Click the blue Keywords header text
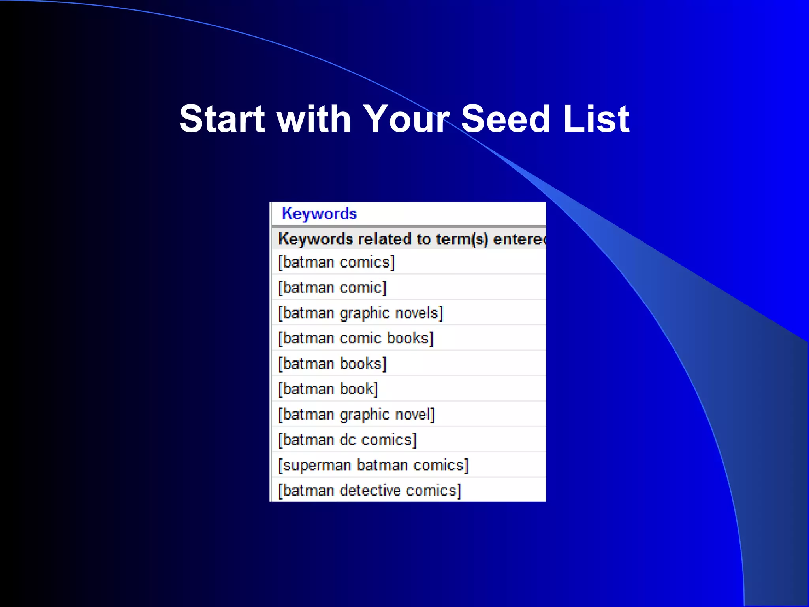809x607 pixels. click(x=319, y=214)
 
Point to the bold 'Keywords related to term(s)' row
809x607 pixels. click(x=411, y=239)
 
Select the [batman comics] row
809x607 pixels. click(x=336, y=262)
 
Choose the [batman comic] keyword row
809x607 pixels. click(x=332, y=288)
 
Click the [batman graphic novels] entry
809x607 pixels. click(x=360, y=313)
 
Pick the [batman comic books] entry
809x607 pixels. click(x=356, y=338)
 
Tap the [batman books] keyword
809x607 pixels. click(x=332, y=364)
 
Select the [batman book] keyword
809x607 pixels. click(x=328, y=389)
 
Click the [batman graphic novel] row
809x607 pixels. click(x=356, y=415)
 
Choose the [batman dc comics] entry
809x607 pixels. click(x=347, y=440)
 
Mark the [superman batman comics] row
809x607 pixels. click(x=373, y=465)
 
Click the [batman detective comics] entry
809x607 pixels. click(x=369, y=490)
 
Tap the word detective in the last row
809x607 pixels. click(x=370, y=490)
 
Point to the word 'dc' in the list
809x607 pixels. click(x=348, y=440)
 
